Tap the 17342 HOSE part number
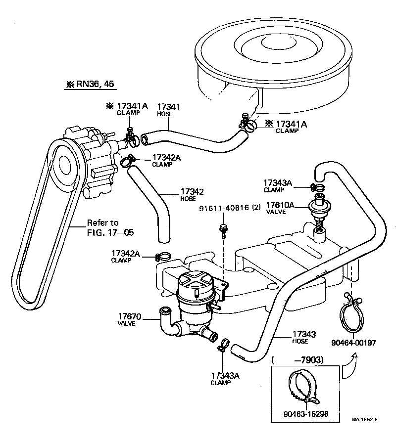pos(192,191)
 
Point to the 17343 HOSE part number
pos(304,335)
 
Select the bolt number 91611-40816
pos(222,208)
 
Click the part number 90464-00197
pos(354,342)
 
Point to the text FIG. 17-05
pos(110,231)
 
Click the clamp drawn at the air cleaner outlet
pos(247,125)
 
